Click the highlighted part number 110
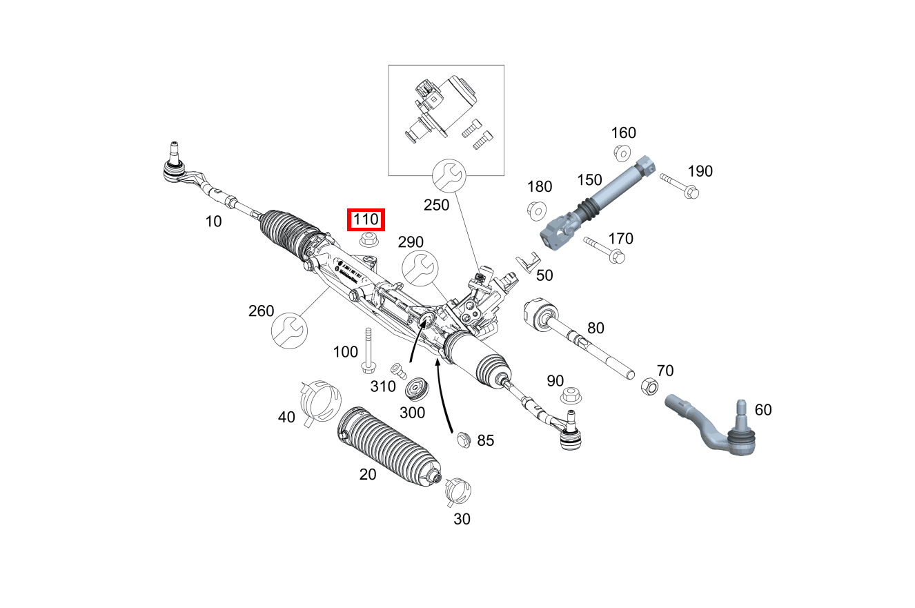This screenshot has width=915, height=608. pyautogui.click(x=366, y=220)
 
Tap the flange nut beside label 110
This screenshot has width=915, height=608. pyautogui.click(x=367, y=240)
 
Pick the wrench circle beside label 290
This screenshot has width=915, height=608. pyautogui.click(x=420, y=268)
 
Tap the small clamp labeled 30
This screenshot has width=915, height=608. pyautogui.click(x=457, y=491)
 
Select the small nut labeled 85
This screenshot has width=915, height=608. pyautogui.click(x=463, y=438)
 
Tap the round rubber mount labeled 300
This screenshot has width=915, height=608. pyautogui.click(x=417, y=389)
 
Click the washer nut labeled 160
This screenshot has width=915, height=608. pyautogui.click(x=622, y=152)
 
